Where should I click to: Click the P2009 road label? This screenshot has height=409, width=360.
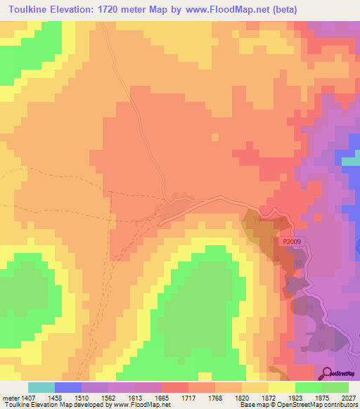[294, 241]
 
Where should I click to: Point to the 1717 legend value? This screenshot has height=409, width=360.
[189, 396]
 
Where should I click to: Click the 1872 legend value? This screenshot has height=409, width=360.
[269, 396]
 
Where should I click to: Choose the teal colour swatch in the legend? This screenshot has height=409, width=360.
[41, 387]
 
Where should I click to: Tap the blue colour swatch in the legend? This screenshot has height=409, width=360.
[68, 387]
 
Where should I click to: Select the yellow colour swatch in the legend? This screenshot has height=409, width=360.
[282, 387]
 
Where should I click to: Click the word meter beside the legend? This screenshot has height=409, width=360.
[10, 396]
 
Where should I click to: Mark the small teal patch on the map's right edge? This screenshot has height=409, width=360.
[351, 161]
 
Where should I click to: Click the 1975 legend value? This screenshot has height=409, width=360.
[322, 396]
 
